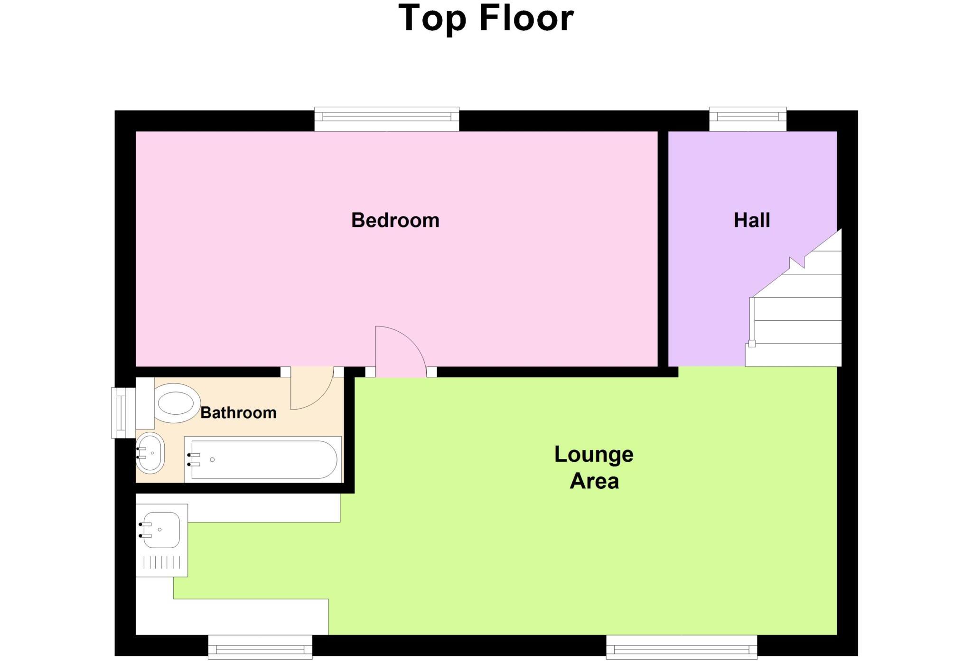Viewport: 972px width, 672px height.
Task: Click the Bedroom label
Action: (395, 220)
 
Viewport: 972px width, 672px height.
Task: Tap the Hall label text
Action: (752, 220)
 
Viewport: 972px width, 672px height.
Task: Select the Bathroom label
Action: (238, 412)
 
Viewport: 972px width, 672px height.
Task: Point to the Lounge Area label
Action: (594, 467)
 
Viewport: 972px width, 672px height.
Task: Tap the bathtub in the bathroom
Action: (263, 459)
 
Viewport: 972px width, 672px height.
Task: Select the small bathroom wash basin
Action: (150, 453)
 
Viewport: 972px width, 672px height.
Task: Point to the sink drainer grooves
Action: (162, 563)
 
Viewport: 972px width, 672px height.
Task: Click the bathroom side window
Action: (122, 412)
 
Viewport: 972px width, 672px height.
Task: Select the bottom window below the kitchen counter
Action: (260, 647)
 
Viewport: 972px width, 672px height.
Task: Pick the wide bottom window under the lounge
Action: (681, 647)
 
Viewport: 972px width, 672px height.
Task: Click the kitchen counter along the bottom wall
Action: (233, 616)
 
